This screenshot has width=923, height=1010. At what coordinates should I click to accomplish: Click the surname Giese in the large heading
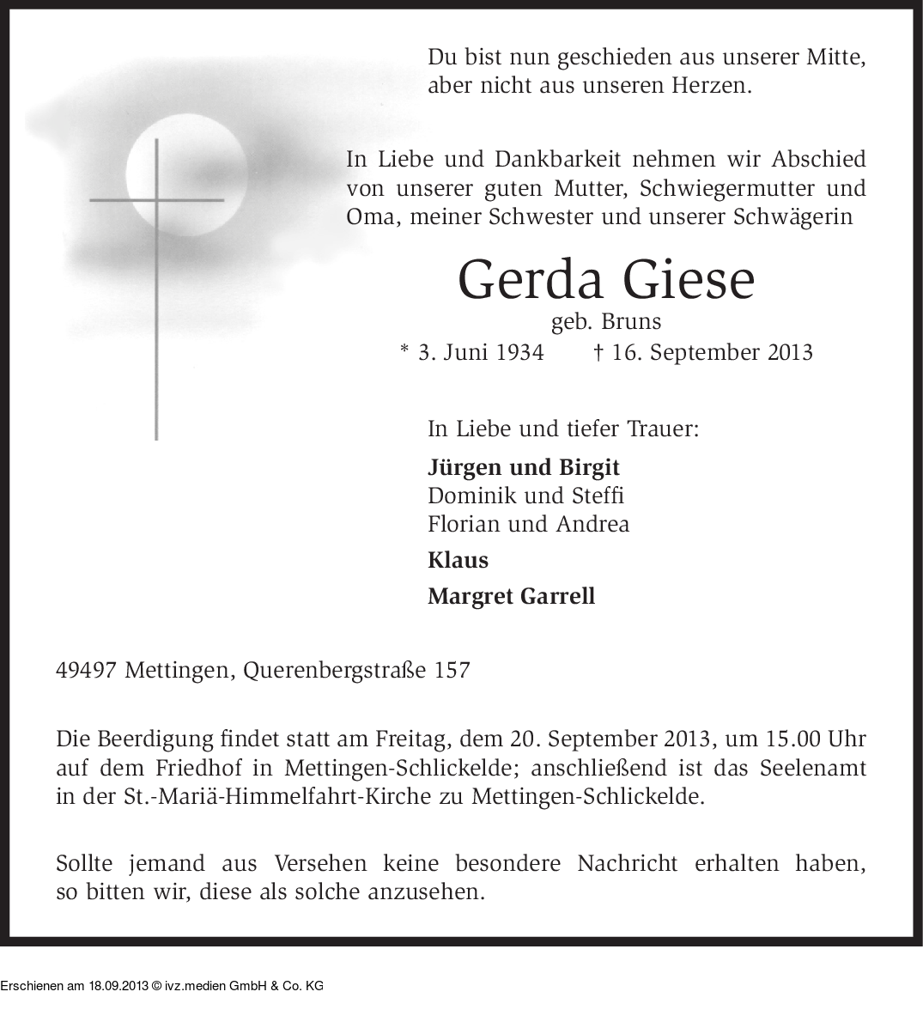(x=689, y=279)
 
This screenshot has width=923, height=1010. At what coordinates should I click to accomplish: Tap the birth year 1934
(x=519, y=352)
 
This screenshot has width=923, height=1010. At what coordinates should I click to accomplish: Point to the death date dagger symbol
(x=598, y=352)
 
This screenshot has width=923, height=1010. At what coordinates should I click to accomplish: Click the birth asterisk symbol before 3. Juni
(x=404, y=350)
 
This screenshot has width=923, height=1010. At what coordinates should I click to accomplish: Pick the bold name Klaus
(x=458, y=560)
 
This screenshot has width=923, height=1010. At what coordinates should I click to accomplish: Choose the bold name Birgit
(x=589, y=467)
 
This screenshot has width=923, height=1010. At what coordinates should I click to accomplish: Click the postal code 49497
(x=86, y=670)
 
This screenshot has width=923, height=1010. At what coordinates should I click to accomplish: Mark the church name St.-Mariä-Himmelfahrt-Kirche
(x=278, y=796)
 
